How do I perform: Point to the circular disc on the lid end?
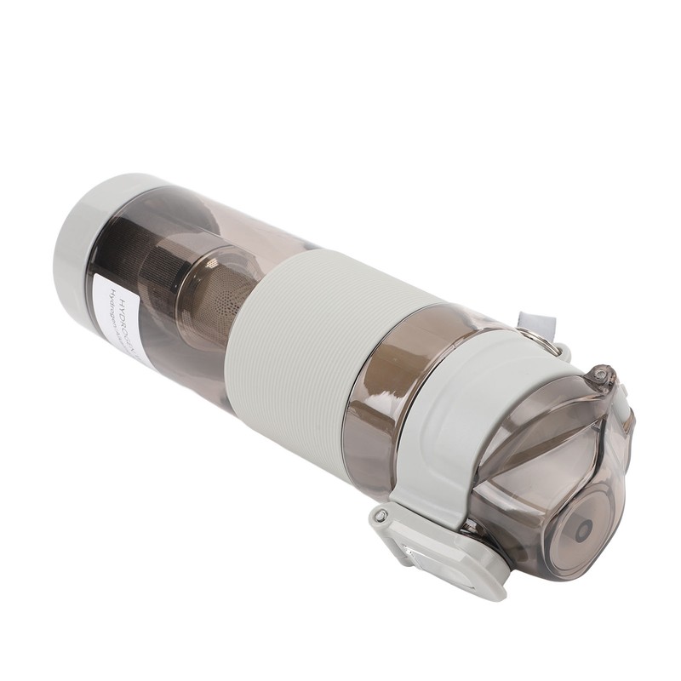pos(579,528)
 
